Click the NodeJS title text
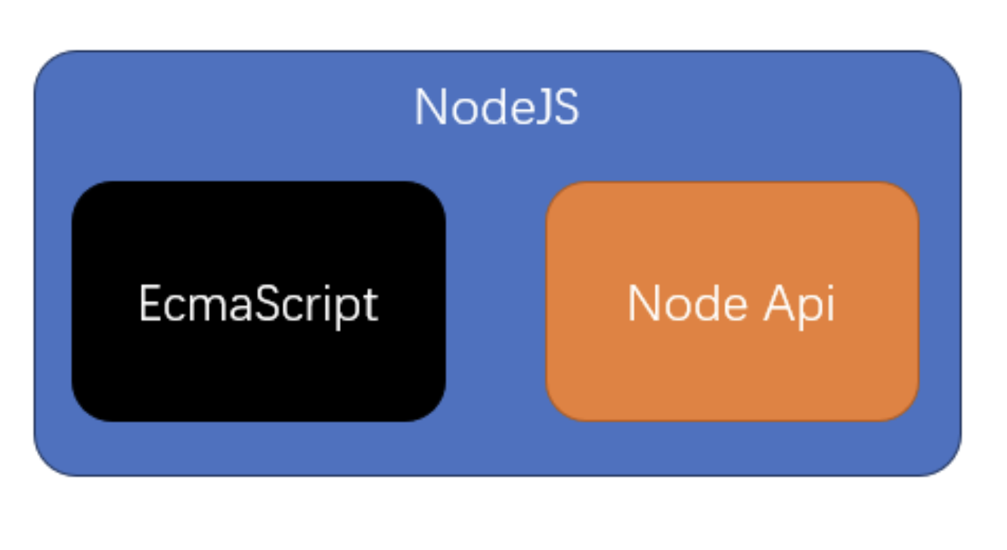[x=496, y=107]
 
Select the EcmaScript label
[x=259, y=306]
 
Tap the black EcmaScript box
[x=259, y=301]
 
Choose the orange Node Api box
[x=732, y=301]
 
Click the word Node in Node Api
[x=688, y=303]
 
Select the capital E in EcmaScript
[x=150, y=303]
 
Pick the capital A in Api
[x=779, y=303]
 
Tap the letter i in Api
[x=831, y=303]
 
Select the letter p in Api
[x=810, y=313]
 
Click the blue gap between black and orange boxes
[x=496, y=301]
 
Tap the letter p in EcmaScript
[x=349, y=313]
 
